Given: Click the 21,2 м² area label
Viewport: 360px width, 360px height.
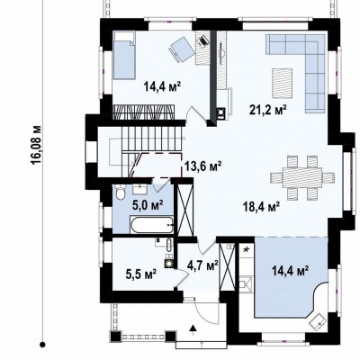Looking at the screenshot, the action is click(x=267, y=110).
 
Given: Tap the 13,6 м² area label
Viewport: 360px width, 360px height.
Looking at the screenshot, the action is click(x=202, y=166).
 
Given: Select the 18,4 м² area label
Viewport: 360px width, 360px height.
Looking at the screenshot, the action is click(x=261, y=207).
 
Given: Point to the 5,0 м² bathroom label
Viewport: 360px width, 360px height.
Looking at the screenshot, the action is click(x=148, y=205).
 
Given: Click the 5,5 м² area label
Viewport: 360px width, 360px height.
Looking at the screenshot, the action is click(x=140, y=274).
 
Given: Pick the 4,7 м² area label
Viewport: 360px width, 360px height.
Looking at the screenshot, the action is click(x=202, y=265).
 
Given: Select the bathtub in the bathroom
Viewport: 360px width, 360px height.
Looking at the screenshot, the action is click(x=152, y=224).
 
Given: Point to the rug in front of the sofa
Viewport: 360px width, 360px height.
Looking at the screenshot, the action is click(x=283, y=84).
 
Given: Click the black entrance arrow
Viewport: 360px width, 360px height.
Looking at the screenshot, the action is click(x=193, y=328).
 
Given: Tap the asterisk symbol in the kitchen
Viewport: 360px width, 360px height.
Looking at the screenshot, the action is click(x=247, y=249).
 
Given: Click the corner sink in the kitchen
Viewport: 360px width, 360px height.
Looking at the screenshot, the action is click(x=318, y=322).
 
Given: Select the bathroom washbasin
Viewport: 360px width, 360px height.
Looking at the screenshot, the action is click(x=139, y=190).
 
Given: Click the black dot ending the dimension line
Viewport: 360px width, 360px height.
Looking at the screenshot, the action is click(x=43, y=345).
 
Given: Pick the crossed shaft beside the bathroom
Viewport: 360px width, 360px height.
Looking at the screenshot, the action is click(x=184, y=208).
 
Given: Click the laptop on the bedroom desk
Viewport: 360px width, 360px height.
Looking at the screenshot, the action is click(x=203, y=40).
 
